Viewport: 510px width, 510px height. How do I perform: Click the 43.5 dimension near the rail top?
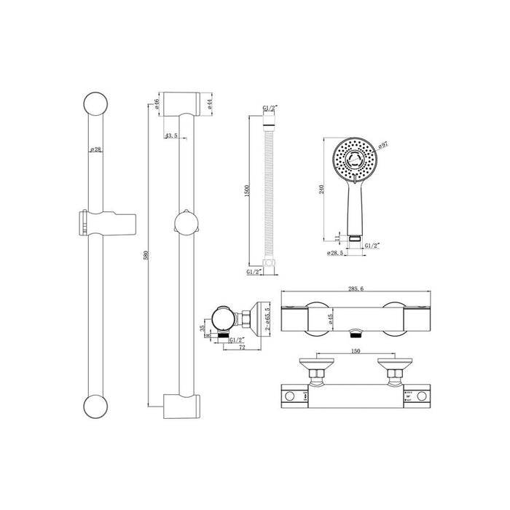(x=172, y=136)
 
